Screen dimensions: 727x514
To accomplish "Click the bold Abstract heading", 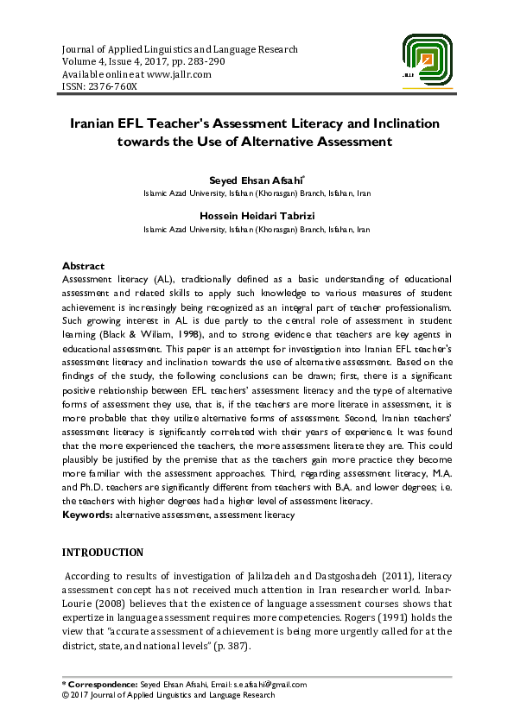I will (83, 266).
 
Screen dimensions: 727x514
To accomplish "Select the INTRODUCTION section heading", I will (103, 553).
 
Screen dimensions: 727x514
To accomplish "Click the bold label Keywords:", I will (88, 515).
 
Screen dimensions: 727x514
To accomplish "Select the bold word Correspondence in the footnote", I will (103, 685).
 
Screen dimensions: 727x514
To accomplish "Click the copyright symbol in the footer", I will (66, 694).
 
